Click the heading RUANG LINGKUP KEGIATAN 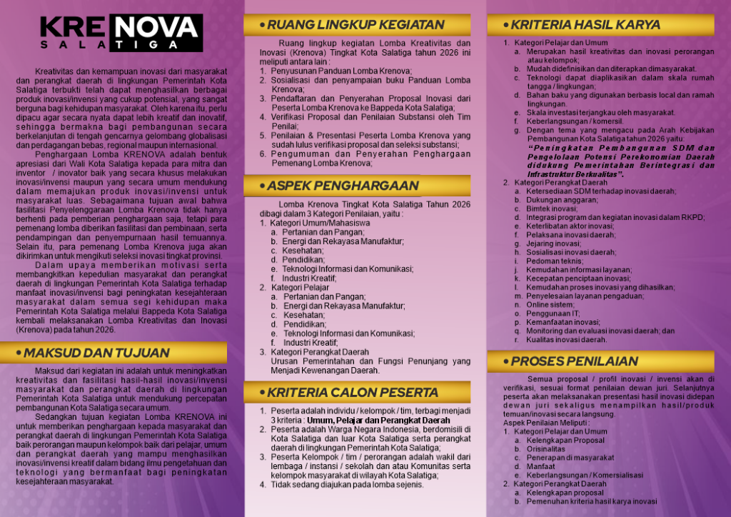click(356, 25)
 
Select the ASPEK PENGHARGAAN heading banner click(343, 186)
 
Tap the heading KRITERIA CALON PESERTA click(353, 392)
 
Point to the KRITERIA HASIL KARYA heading click(585, 25)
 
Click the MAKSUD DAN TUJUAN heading click(96, 353)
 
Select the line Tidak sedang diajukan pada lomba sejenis click(347, 484)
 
